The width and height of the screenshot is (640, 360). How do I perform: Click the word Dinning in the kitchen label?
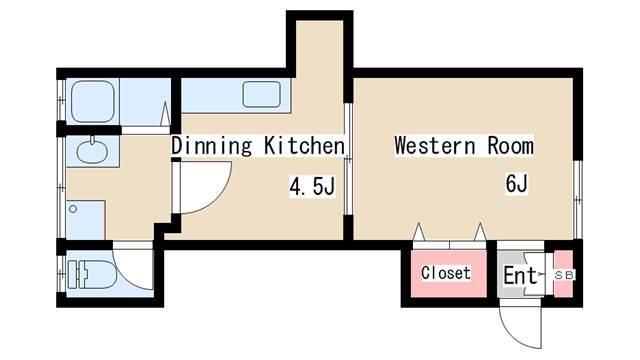(211, 146)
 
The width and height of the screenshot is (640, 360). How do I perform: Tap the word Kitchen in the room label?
(304, 146)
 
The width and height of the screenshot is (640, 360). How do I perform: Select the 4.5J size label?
(312, 186)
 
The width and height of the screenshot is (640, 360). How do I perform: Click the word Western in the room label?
(435, 146)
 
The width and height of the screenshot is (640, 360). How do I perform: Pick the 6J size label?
(517, 183)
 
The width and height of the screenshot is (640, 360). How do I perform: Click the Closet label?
(446, 273)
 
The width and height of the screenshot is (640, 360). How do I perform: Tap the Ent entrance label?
(520, 276)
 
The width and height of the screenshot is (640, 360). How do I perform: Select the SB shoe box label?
(564, 275)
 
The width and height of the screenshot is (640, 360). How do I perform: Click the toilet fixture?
(92, 275)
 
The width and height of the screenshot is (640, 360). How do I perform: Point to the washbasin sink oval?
(93, 151)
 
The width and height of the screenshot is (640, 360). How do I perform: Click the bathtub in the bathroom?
(93, 101)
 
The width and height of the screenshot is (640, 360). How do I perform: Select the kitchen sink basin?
(262, 95)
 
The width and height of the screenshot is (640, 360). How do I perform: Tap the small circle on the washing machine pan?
(73, 209)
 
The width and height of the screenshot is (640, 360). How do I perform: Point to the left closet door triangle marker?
(419, 231)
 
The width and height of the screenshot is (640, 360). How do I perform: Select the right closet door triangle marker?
(480, 231)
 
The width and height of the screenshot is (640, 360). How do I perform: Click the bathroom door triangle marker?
(165, 114)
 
